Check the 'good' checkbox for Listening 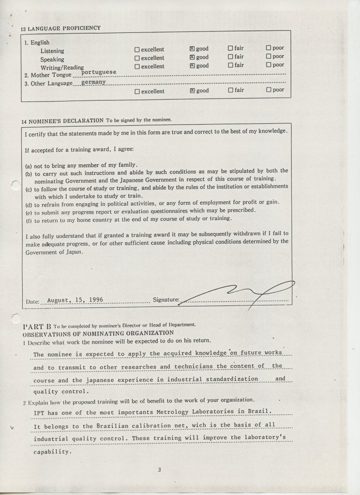[x=193, y=49]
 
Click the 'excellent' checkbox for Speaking [x=137, y=58]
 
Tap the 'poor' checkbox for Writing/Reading [x=269, y=65]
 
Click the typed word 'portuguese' [x=99, y=72]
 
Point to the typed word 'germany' [x=94, y=82]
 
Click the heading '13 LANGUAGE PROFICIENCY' [x=60, y=28]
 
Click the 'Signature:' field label [x=165, y=300]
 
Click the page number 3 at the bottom [x=159, y=468]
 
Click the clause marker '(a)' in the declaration [x=28, y=165]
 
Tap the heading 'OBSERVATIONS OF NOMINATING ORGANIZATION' [x=91, y=333]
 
